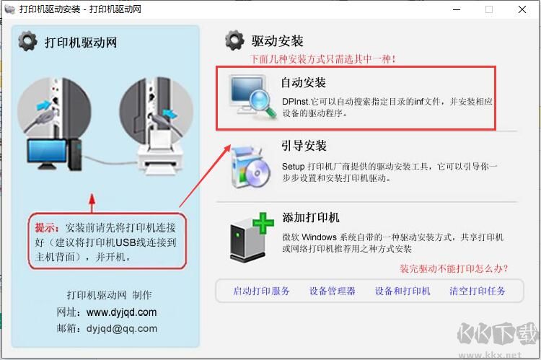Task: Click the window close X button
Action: (522, 9)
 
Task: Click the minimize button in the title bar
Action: (455, 9)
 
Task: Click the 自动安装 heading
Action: (304, 82)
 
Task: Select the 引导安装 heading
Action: (304, 146)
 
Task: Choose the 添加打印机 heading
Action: (310, 217)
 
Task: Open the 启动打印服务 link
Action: (261, 291)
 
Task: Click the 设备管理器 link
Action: (332, 291)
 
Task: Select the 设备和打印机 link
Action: (403, 291)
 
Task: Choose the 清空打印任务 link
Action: (477, 291)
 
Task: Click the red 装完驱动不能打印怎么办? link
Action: (454, 269)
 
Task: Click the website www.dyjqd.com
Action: (121, 312)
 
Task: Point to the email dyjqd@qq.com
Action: (121, 328)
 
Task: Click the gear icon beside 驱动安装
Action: (234, 40)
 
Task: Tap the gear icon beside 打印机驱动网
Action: (27, 42)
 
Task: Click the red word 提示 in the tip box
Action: (47, 227)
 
